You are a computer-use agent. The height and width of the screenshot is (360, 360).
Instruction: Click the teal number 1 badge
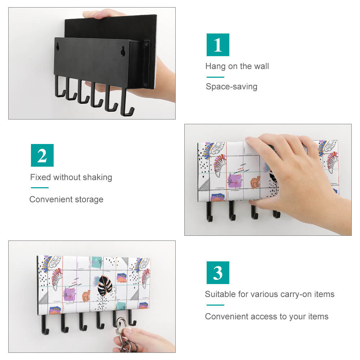click(218, 45)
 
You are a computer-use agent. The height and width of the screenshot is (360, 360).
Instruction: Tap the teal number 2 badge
click(42, 156)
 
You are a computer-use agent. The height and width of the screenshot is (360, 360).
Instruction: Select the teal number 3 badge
click(218, 273)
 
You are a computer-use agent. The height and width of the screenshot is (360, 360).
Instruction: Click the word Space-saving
click(231, 87)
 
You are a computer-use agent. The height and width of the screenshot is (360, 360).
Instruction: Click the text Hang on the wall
click(237, 66)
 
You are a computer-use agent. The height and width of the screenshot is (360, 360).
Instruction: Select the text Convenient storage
click(66, 199)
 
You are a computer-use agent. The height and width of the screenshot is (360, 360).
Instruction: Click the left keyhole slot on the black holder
click(58, 47)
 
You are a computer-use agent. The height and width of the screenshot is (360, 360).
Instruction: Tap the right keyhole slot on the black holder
click(123, 51)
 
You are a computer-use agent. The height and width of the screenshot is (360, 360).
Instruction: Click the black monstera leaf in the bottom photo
click(105, 285)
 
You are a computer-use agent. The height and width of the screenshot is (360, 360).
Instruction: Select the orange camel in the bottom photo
click(86, 296)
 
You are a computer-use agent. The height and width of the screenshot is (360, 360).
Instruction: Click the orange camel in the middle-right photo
click(256, 182)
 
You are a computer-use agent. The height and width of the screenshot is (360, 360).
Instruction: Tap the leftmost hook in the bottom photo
click(44, 325)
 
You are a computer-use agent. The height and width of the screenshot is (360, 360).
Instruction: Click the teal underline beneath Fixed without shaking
click(40, 188)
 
